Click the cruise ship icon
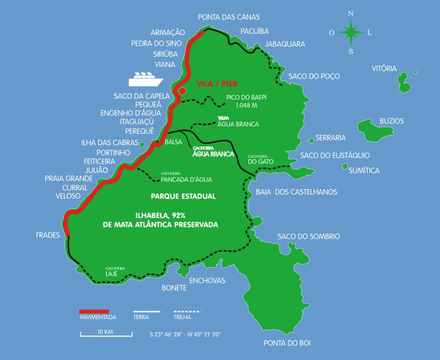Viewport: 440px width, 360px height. tap(146, 78)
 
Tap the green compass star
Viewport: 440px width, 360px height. tap(351, 31)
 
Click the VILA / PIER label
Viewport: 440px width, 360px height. tap(217, 84)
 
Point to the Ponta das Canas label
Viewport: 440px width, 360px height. tap(229, 16)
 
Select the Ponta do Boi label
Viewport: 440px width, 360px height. tap(287, 343)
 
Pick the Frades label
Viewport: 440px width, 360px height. tap(48, 234)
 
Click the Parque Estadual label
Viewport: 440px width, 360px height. tap(183, 196)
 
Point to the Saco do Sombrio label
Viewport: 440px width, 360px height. tap(308, 235)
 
